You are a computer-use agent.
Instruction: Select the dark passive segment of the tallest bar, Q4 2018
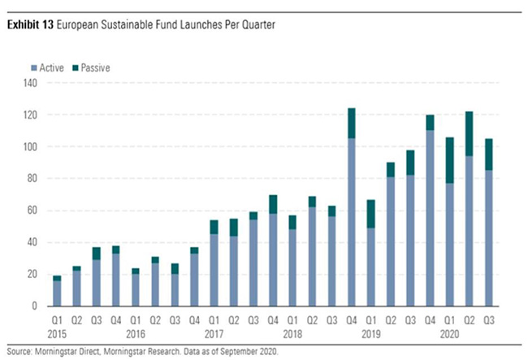click(351, 123)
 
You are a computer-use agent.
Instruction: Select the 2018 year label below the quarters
click(293, 332)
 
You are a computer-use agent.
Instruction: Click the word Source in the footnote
click(22, 351)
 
